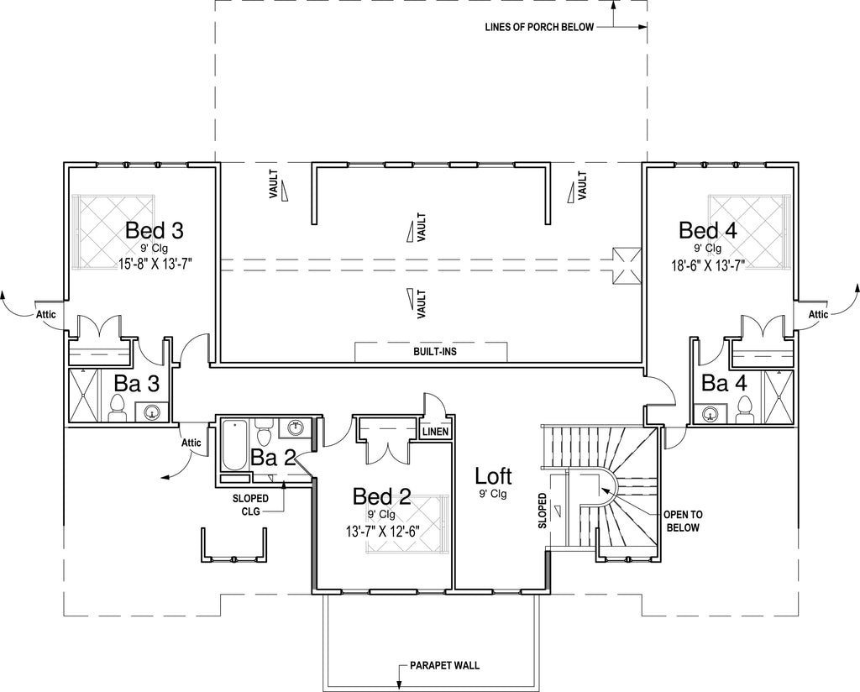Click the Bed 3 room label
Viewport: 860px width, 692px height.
(155, 230)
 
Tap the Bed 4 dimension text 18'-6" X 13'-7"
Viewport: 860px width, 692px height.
(707, 266)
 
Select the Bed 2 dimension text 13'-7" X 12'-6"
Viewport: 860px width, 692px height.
(382, 532)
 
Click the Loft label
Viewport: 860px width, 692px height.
(493, 476)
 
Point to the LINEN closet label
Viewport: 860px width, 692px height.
(436, 432)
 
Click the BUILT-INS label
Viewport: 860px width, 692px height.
(435, 352)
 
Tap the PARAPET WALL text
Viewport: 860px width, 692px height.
(445, 666)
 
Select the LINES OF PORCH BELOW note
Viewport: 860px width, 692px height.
(539, 28)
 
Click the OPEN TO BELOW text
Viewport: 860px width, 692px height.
(683, 521)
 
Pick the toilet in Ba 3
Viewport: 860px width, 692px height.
(118, 407)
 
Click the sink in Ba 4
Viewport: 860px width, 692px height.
(711, 413)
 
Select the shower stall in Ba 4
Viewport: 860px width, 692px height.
(779, 397)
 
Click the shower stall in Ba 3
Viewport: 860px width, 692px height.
(83, 395)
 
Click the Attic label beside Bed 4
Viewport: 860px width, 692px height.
(818, 314)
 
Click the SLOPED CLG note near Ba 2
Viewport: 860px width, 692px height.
(250, 505)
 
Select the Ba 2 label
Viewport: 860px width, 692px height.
(273, 458)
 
